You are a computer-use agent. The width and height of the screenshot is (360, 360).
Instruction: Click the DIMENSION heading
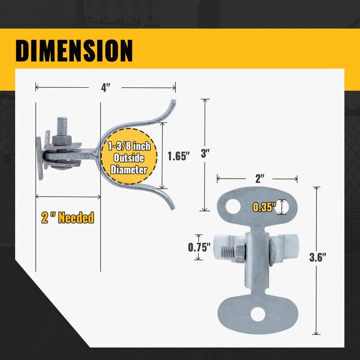pos(74,50)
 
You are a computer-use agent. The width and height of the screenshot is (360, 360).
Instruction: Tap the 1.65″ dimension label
pos(179,156)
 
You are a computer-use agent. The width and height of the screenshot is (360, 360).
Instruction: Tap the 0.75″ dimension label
pos(198,247)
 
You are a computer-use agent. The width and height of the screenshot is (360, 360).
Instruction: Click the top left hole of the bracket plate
pos(233,207)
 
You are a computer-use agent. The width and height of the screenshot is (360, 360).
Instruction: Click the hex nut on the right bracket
pos(239,251)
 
